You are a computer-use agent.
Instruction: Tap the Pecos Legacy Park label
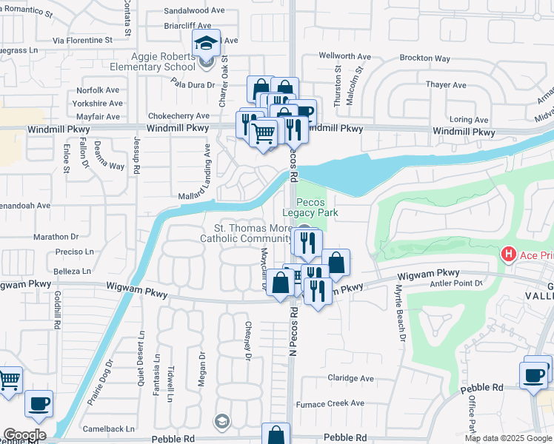317,207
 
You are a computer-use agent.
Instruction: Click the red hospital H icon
509,255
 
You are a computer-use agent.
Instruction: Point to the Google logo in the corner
24,434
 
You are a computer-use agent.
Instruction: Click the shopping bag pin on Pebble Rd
276,434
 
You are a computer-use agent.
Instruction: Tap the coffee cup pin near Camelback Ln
39,404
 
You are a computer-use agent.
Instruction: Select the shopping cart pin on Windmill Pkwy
264,134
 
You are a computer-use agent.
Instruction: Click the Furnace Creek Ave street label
330,403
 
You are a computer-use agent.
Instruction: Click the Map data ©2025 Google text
507,438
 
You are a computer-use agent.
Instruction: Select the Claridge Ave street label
350,378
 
